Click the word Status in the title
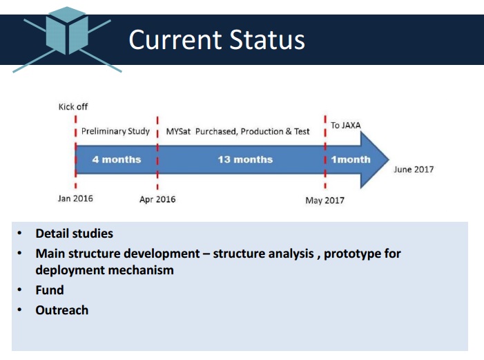(267, 39)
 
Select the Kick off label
(73, 107)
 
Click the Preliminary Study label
(115, 131)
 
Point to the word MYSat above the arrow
(178, 132)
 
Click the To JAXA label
(346, 125)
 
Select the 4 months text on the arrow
(117, 160)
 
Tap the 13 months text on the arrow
(245, 160)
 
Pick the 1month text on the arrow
(351, 160)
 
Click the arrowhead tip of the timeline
(389, 160)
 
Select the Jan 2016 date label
(75, 198)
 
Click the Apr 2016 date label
(157, 199)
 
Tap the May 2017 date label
(325, 200)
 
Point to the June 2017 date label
(414, 169)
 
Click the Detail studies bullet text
(75, 234)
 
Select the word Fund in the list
(50, 290)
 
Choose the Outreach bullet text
(62, 310)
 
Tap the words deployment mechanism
(105, 270)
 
